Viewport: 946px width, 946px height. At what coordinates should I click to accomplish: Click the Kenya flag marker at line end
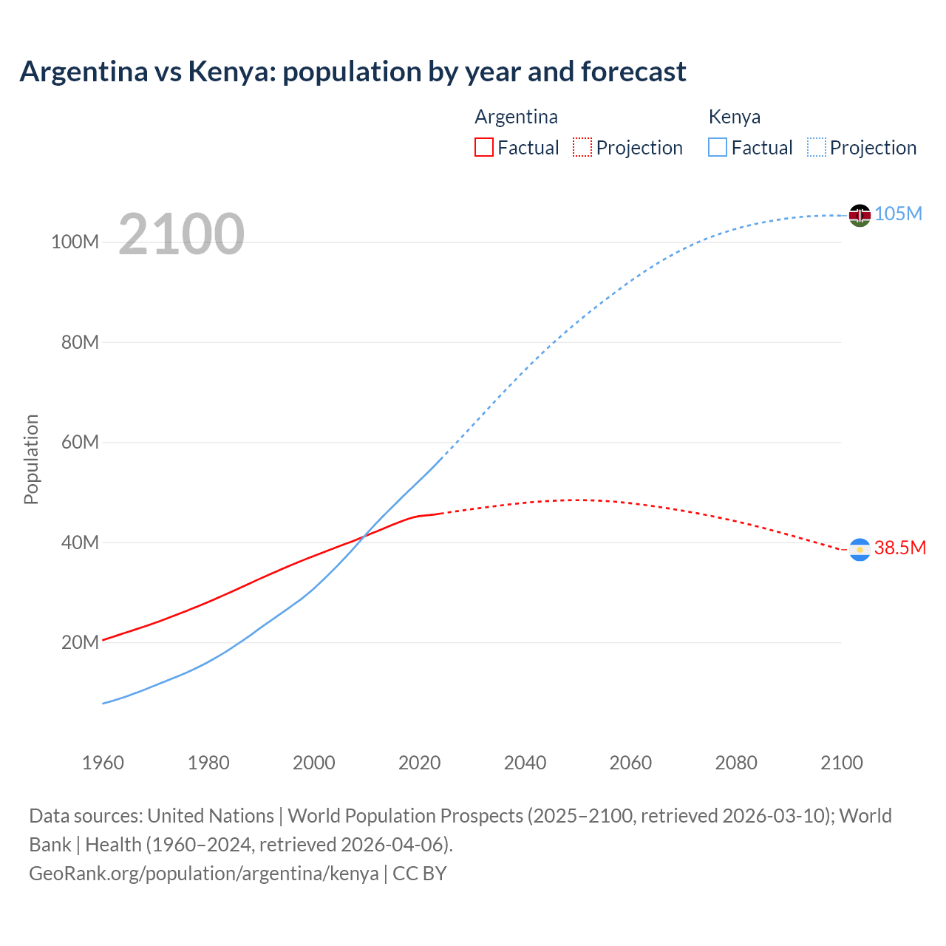coord(860,215)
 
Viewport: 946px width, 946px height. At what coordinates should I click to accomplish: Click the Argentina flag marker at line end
coord(860,549)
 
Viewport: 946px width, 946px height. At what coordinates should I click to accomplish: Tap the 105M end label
coord(898,214)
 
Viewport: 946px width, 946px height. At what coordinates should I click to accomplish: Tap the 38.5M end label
coord(899,548)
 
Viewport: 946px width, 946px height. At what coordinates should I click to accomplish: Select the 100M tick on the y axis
coord(75,242)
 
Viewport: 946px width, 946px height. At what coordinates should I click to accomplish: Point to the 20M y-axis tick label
coord(80,642)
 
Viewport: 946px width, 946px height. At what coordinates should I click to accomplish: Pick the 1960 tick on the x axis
coord(103,763)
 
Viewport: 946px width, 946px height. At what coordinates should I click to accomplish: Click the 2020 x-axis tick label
coord(419,763)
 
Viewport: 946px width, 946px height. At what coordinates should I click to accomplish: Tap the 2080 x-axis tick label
coord(736,763)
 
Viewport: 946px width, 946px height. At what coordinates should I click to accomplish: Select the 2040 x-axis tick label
coord(525,763)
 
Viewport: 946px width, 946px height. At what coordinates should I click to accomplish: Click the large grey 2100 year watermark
coord(181,234)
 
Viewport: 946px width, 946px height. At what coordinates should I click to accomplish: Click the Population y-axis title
coord(31,459)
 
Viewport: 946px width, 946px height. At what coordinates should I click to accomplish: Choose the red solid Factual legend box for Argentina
coord(483,147)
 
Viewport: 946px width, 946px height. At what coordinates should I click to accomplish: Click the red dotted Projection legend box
coord(582,147)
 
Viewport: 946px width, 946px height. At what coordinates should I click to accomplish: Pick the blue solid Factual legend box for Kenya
coord(718,147)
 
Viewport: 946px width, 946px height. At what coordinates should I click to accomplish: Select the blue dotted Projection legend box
coord(816,147)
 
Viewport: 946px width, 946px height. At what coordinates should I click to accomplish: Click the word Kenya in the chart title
coord(231,72)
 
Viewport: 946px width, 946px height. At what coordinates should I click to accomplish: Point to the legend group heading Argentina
coord(516,117)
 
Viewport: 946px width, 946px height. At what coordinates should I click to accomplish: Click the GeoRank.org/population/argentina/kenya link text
coord(204,874)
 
